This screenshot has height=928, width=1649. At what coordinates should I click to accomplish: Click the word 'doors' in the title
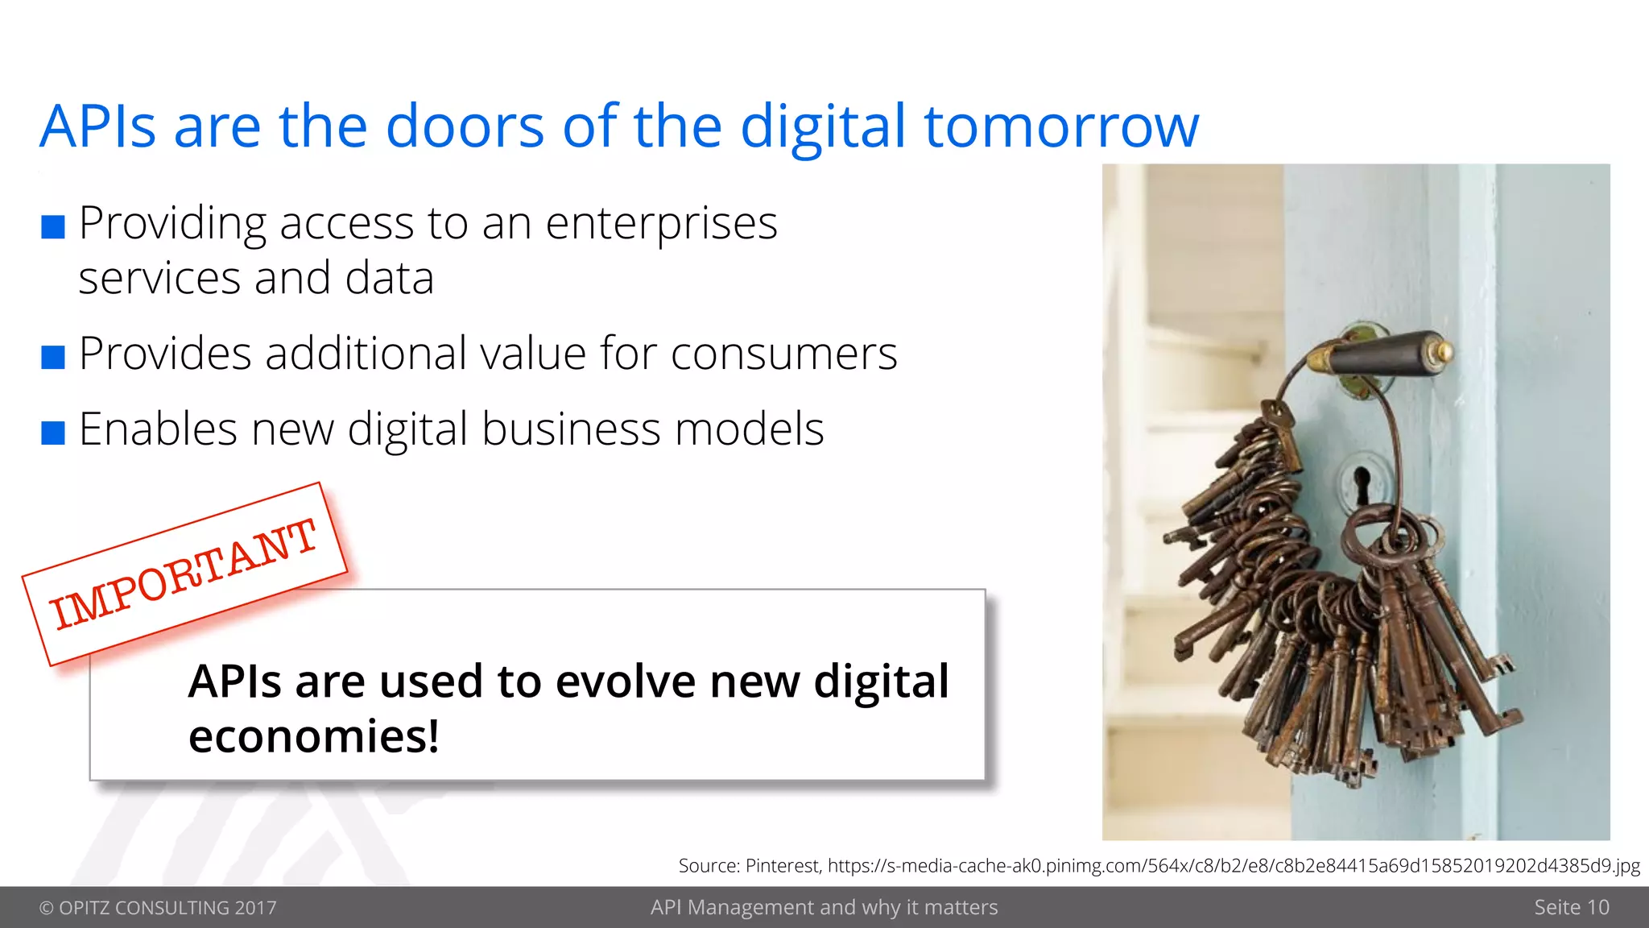click(x=465, y=127)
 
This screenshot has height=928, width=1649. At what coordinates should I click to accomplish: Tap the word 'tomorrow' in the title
click(x=1061, y=127)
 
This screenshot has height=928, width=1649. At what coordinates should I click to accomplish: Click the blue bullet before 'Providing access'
click(x=53, y=227)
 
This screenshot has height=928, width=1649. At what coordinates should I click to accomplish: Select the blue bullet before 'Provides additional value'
click(x=53, y=357)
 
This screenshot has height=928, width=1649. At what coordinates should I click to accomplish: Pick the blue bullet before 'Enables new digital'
click(x=53, y=433)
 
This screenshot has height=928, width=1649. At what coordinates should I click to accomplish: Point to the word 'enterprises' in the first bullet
click(x=661, y=224)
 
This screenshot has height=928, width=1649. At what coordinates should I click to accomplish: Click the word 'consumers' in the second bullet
click(x=783, y=354)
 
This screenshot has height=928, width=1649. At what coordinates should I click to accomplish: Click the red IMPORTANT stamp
click(x=184, y=574)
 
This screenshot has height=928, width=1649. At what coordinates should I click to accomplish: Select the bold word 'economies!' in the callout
click(x=313, y=736)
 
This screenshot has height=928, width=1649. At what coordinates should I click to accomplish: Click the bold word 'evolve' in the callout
click(x=626, y=681)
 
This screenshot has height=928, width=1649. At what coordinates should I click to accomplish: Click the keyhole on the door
click(x=1362, y=483)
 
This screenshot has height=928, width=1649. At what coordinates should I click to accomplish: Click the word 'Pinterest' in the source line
click(x=782, y=866)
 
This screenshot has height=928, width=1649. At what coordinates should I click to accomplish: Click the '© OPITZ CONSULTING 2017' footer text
click(x=158, y=908)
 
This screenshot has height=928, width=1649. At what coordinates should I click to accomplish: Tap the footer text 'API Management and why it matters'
click(x=824, y=908)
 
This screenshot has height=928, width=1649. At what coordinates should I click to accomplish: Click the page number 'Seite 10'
click(x=1571, y=908)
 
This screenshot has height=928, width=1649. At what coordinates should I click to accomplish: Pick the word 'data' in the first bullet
click(x=389, y=279)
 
